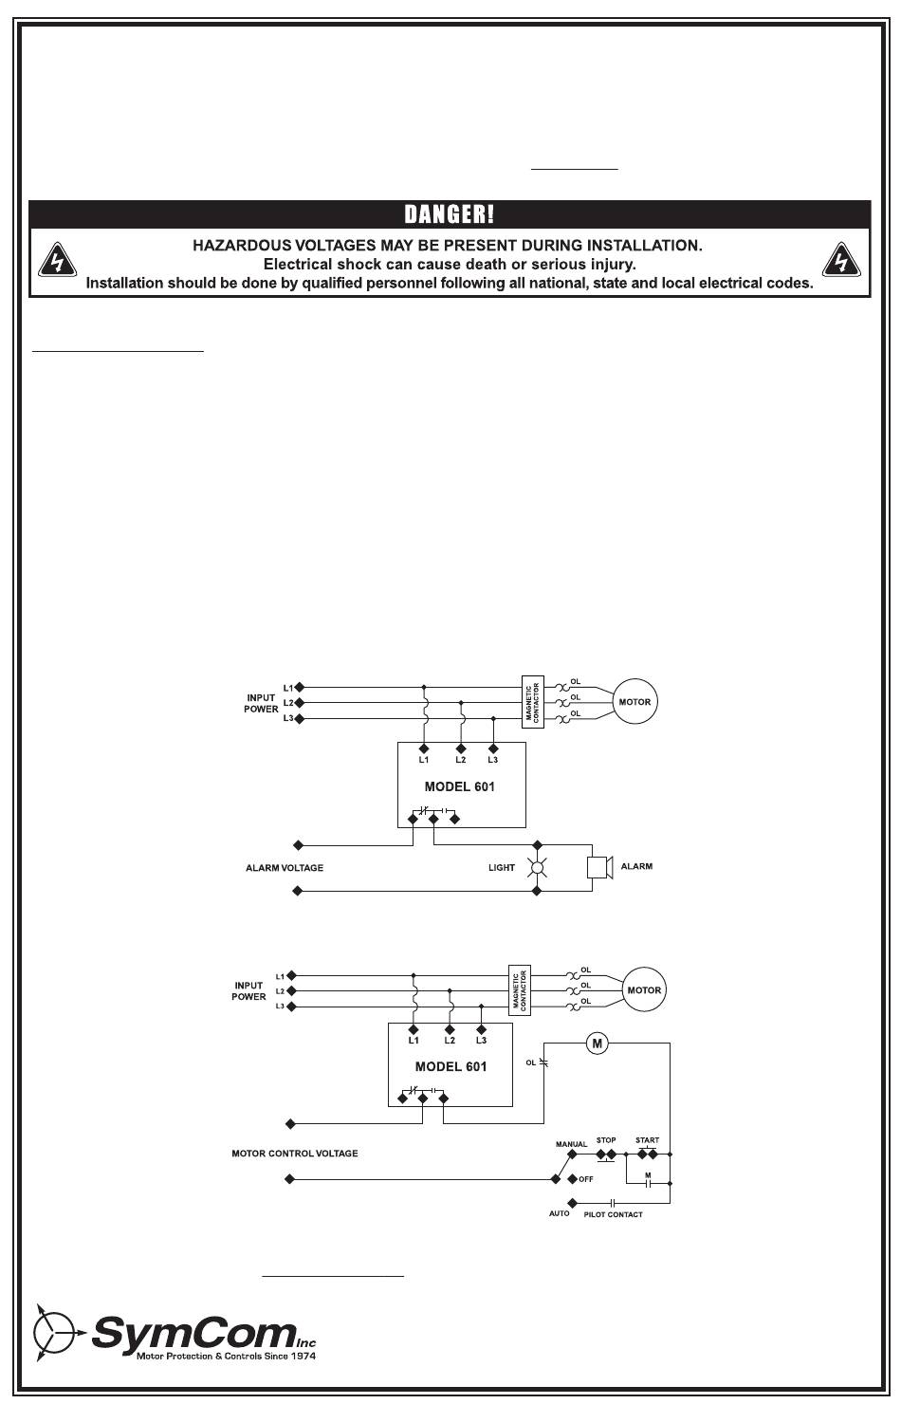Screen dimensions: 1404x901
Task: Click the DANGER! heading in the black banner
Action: pyautogui.click(x=450, y=214)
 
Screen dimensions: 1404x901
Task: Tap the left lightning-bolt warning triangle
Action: pyautogui.click(x=57, y=260)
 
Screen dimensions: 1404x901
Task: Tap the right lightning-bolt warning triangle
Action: pyautogui.click(x=840, y=260)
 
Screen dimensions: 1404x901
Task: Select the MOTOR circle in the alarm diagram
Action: pyautogui.click(x=634, y=702)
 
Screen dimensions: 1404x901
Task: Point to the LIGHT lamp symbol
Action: pyautogui.click(x=537, y=867)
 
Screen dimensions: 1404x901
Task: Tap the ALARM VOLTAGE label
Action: pyautogui.click(x=285, y=868)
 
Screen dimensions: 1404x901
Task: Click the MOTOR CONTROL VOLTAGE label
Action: pyautogui.click(x=295, y=1155)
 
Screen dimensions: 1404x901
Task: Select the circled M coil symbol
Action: pyautogui.click(x=598, y=1044)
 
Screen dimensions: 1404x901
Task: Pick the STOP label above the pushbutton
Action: pyautogui.click(x=606, y=1141)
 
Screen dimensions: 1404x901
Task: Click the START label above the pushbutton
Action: pyautogui.click(x=648, y=1141)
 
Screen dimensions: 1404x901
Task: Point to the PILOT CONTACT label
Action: pyautogui.click(x=613, y=1214)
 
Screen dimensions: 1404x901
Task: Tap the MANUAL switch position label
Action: pyautogui.click(x=571, y=1144)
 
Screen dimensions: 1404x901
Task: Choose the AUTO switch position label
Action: pyautogui.click(x=560, y=1213)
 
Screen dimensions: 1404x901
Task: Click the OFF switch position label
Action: pyautogui.click(x=586, y=1179)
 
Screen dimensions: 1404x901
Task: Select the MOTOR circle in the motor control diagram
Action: pyautogui.click(x=644, y=990)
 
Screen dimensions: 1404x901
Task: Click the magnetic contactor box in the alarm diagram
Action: pyautogui.click(x=532, y=702)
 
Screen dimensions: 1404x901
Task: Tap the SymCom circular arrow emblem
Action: pyautogui.click(x=55, y=1333)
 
